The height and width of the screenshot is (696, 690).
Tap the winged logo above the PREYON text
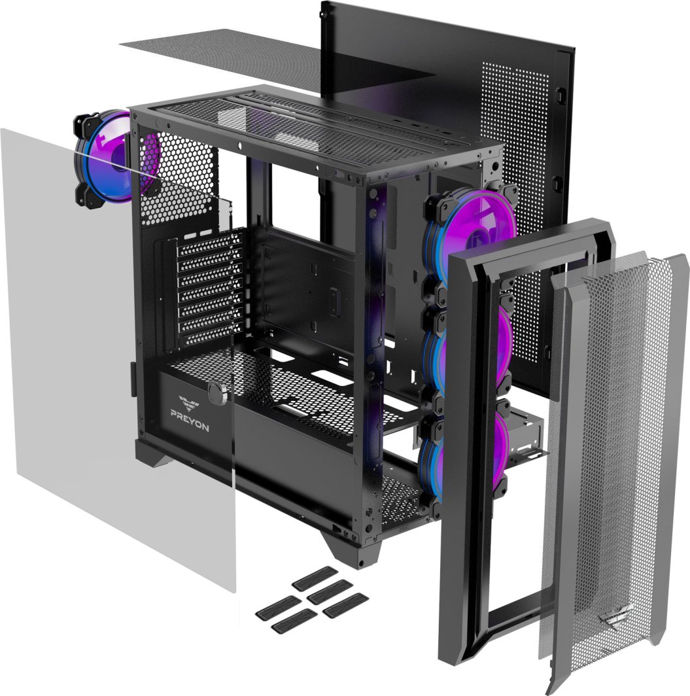(189, 402)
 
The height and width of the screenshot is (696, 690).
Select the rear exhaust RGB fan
(107, 160)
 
